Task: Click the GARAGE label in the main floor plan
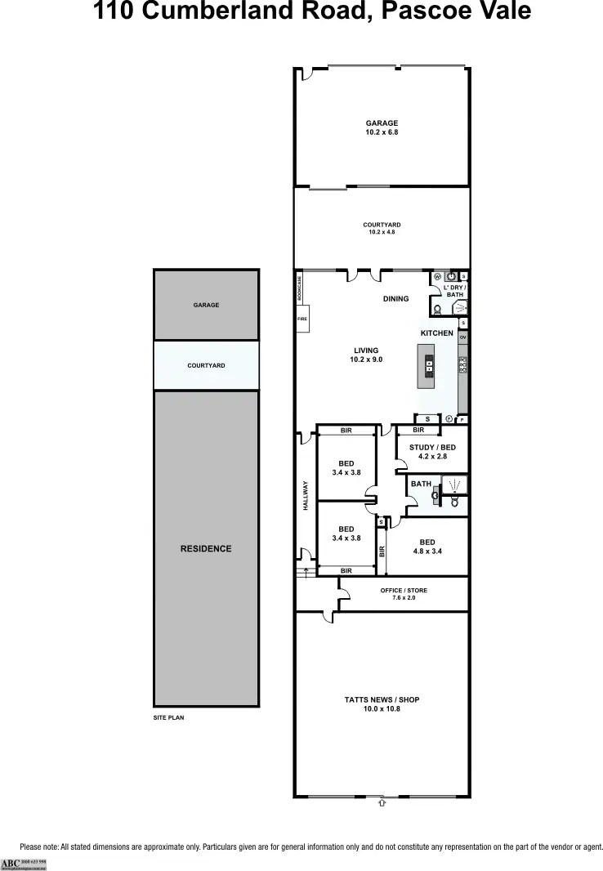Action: (x=382, y=123)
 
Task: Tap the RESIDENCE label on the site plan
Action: (x=206, y=549)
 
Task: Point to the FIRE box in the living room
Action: (x=301, y=319)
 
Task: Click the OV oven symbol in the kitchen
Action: (x=462, y=337)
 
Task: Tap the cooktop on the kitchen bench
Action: (x=462, y=364)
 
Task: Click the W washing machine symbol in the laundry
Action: (x=437, y=276)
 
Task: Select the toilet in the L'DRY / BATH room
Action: (x=438, y=309)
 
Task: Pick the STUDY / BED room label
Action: (x=432, y=448)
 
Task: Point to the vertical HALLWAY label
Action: (x=306, y=495)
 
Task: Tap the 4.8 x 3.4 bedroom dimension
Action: (x=427, y=552)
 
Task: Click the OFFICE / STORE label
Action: (x=404, y=591)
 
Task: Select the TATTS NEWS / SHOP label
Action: (x=382, y=700)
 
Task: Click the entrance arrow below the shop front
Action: (x=382, y=803)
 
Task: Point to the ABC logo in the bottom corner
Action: (x=11, y=864)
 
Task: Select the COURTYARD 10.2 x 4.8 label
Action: (x=382, y=225)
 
